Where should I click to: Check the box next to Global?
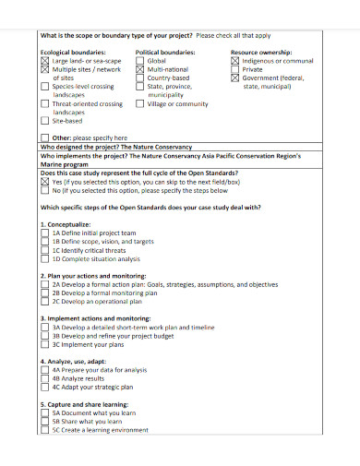[140, 61]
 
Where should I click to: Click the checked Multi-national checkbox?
[140, 69]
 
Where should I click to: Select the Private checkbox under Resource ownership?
[235, 69]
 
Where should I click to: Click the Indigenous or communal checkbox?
[235, 61]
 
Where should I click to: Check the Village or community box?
[140, 104]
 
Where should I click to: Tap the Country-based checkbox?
[140, 78]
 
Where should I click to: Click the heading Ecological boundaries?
[69, 53]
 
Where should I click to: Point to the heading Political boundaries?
[165, 53]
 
